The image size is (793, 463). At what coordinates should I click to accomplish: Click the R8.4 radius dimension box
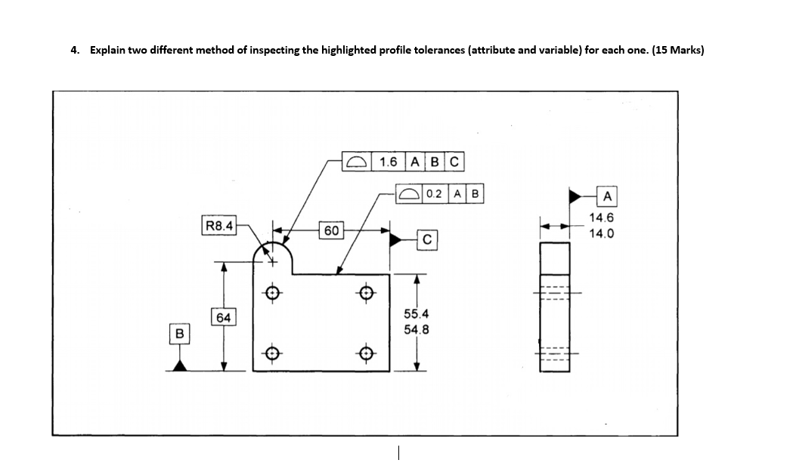tap(219, 224)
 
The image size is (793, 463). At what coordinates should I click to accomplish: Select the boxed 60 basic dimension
tap(332, 230)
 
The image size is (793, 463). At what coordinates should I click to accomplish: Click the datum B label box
tap(180, 333)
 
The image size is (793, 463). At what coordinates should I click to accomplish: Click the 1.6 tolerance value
tap(389, 162)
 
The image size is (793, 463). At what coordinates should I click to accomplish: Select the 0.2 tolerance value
tap(434, 193)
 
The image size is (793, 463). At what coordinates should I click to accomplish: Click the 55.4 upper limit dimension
tap(418, 313)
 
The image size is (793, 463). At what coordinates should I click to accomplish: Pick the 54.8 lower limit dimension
tap(418, 329)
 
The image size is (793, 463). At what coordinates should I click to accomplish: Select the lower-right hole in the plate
tap(367, 352)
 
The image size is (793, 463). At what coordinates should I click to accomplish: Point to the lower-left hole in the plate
tap(274, 352)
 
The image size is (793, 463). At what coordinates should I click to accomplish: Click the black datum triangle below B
tap(180, 365)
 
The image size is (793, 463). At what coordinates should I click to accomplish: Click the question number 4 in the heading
tap(73, 51)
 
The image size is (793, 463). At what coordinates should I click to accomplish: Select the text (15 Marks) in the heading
tap(677, 51)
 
